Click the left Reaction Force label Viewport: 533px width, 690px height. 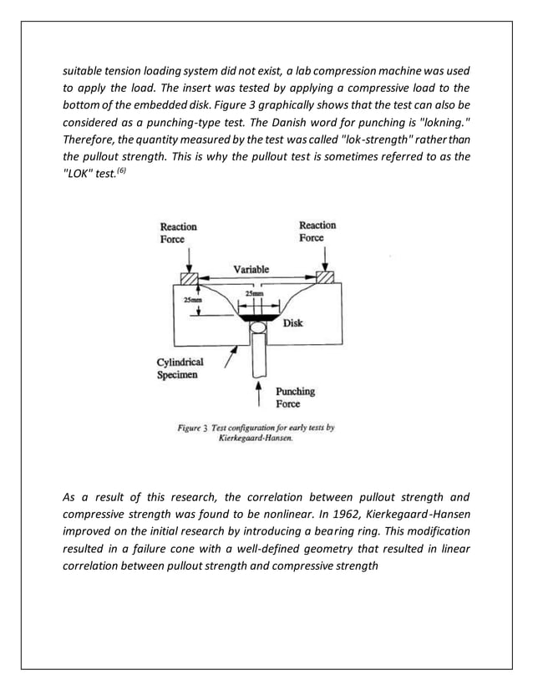tap(178, 232)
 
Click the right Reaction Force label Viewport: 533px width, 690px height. tap(317, 231)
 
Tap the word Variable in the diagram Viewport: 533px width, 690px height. tap(251, 269)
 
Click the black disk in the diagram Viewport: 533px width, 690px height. tap(258, 319)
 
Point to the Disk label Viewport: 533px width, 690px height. tap(292, 323)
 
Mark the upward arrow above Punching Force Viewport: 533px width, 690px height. tap(263, 393)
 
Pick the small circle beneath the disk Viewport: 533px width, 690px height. tap(258, 332)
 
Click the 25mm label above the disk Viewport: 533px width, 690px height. tap(257, 294)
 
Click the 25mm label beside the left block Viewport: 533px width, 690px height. tap(191, 301)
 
